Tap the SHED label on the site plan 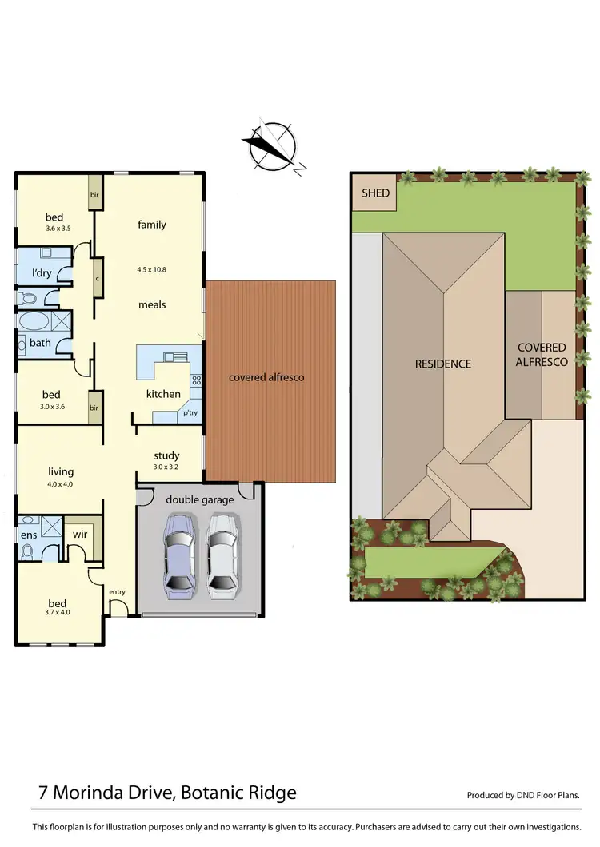pyautogui.click(x=375, y=193)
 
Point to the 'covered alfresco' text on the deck pyautogui.click(x=266, y=377)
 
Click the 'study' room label pyautogui.click(x=166, y=456)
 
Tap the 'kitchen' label pyautogui.click(x=163, y=394)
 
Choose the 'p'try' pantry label pyautogui.click(x=190, y=413)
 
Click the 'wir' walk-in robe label pyautogui.click(x=80, y=534)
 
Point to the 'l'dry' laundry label pyautogui.click(x=42, y=273)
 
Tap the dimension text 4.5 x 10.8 pyautogui.click(x=151, y=269)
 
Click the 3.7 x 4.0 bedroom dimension pyautogui.click(x=57, y=614)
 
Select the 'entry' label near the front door pyautogui.click(x=118, y=591)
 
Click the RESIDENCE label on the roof pyautogui.click(x=442, y=364)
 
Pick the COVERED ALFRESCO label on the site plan pyautogui.click(x=542, y=355)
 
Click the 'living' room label pyautogui.click(x=61, y=472)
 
